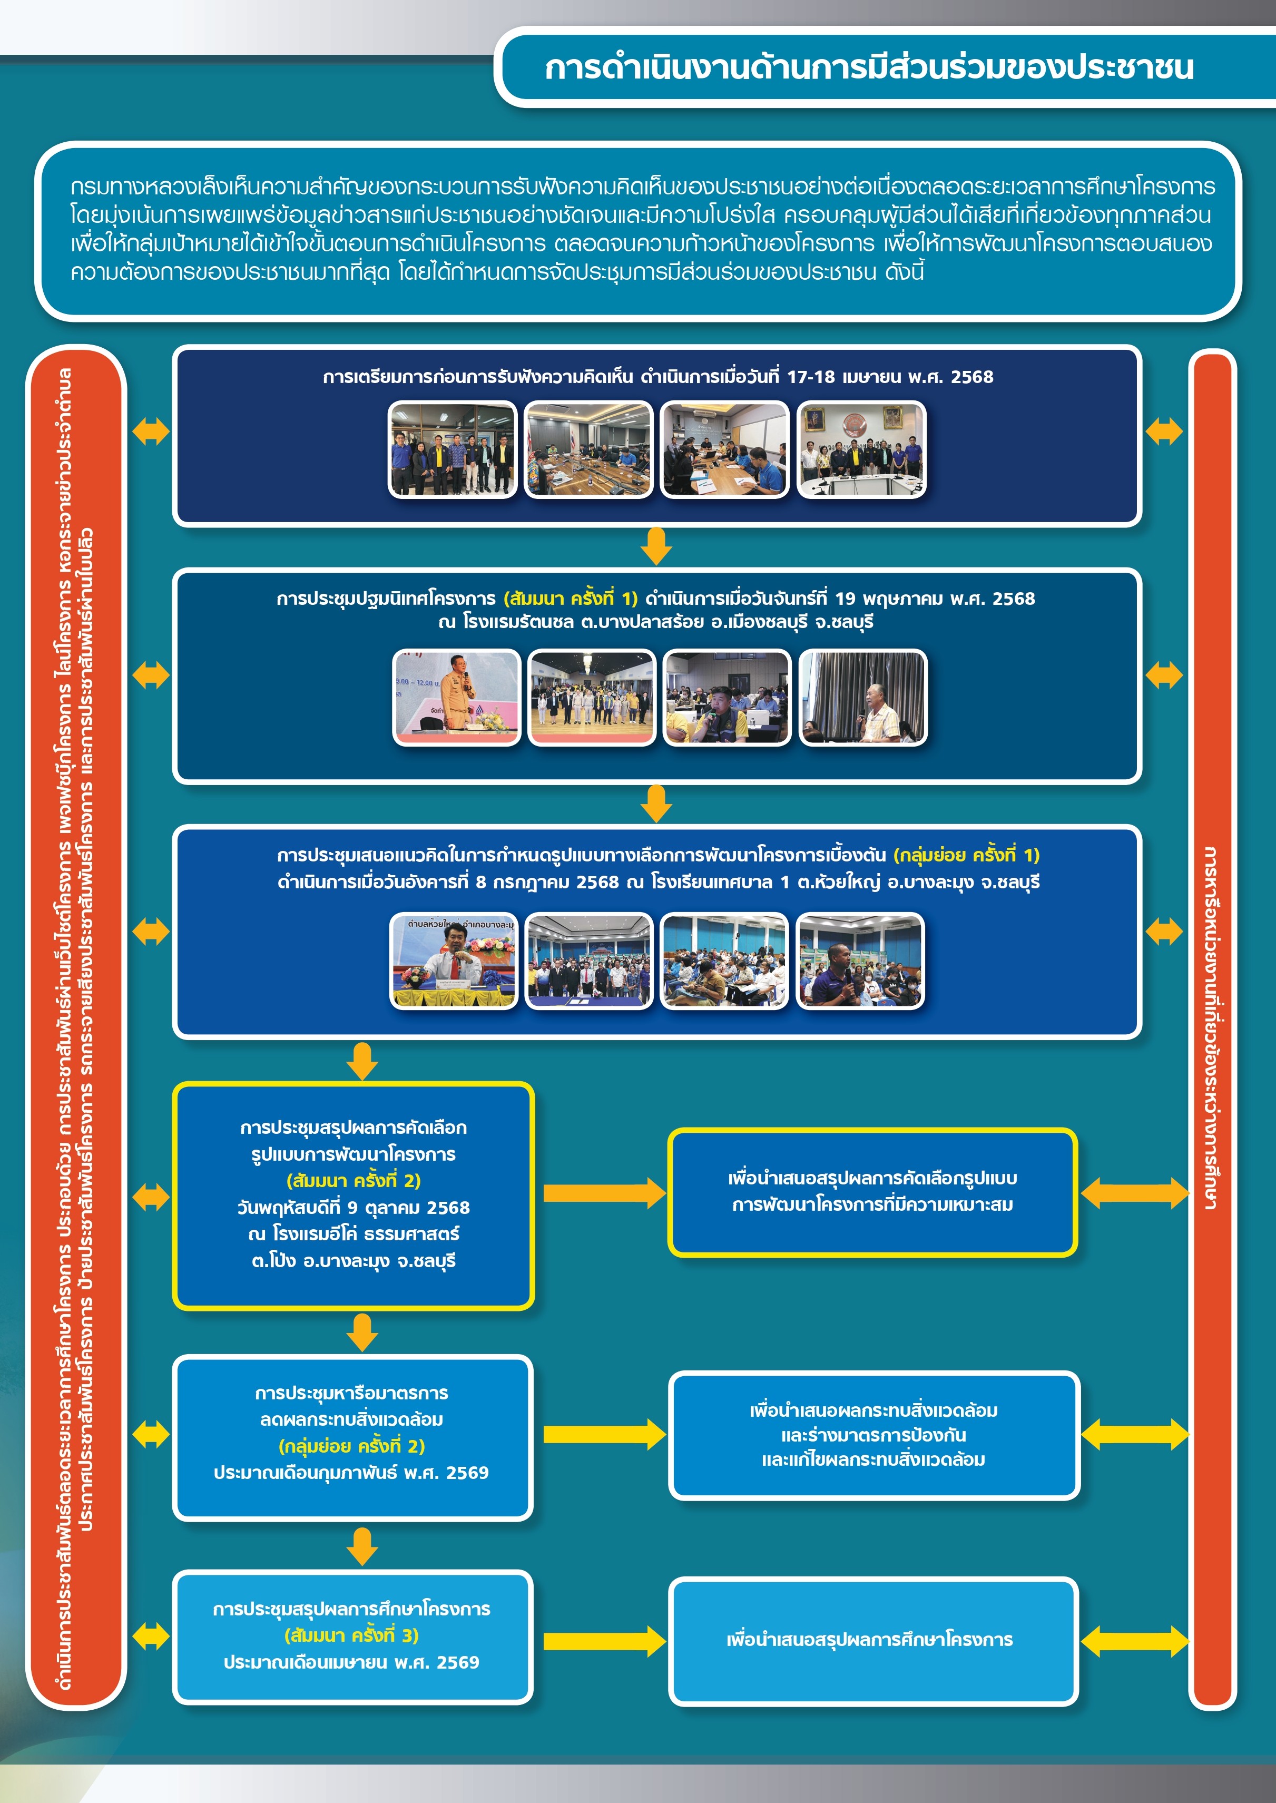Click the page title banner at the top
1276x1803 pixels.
pos(868,67)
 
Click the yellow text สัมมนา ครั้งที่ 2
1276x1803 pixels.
pos(354,1181)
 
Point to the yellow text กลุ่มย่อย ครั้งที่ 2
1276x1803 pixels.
pos(351,1446)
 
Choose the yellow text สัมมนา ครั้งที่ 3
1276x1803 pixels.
pos(351,1635)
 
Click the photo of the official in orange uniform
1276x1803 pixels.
pos(456,698)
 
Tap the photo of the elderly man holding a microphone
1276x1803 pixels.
pos(863,698)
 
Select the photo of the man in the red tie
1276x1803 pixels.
pos(454,961)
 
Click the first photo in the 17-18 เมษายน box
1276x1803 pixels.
pos(453,449)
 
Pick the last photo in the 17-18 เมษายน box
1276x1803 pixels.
pos(861,449)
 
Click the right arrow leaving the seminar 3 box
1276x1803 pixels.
pos(603,1640)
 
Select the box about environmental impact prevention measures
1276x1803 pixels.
pos(873,1435)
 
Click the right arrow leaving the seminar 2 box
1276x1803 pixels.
pos(603,1193)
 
